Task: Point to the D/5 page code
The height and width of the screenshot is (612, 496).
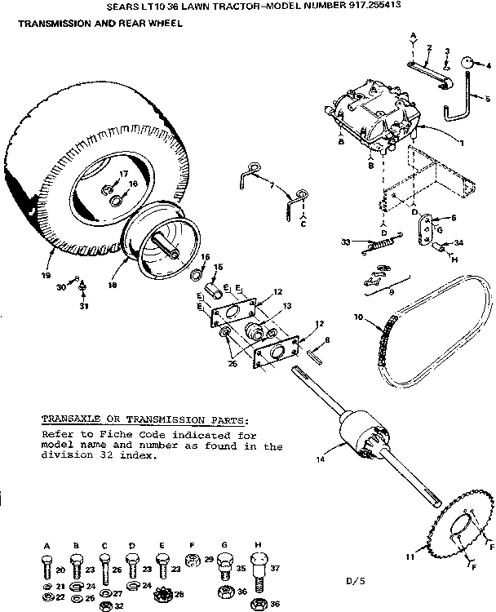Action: (x=352, y=580)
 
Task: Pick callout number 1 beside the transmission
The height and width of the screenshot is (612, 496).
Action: (x=461, y=144)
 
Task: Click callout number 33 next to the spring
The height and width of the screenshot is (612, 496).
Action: (x=345, y=242)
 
